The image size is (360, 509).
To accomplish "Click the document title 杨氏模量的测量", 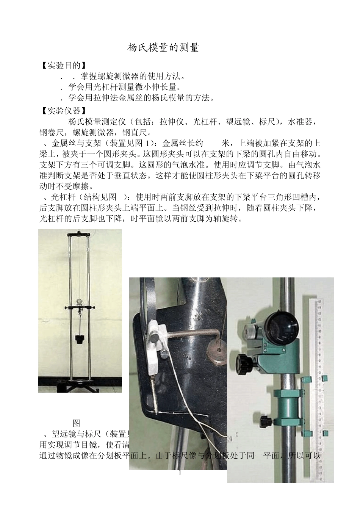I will pos(163,48).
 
